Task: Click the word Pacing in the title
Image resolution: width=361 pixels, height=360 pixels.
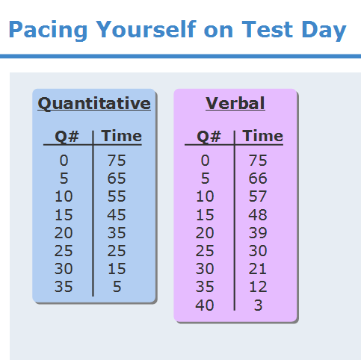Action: (48, 30)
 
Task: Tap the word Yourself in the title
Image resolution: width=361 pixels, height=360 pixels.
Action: (146, 30)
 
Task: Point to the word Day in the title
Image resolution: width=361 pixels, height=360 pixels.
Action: (324, 31)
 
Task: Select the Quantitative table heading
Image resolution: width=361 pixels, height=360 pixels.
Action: (94, 103)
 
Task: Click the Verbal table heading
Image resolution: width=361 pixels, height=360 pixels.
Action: (235, 103)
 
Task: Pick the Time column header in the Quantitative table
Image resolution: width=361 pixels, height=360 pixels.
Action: (122, 136)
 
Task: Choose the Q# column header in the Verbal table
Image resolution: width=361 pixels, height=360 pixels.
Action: (209, 137)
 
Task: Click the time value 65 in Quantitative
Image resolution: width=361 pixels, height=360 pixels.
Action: (117, 179)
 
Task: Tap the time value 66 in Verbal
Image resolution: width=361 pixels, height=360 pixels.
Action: (258, 179)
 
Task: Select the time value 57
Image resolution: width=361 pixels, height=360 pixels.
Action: (258, 196)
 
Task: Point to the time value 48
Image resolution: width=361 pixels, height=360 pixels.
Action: (258, 214)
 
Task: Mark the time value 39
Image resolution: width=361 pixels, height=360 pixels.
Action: (258, 232)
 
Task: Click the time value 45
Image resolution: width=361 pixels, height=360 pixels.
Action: (117, 214)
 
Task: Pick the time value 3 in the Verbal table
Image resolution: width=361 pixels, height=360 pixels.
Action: (258, 305)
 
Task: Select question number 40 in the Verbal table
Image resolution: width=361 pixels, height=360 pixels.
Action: (205, 305)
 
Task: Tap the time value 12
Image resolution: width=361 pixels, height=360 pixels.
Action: (258, 287)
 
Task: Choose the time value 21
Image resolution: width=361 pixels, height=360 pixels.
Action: (258, 269)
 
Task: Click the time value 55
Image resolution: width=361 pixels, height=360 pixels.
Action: (117, 196)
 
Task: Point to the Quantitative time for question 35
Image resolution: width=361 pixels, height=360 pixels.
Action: (117, 287)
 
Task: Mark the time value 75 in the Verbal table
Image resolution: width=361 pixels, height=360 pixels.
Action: (258, 160)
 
